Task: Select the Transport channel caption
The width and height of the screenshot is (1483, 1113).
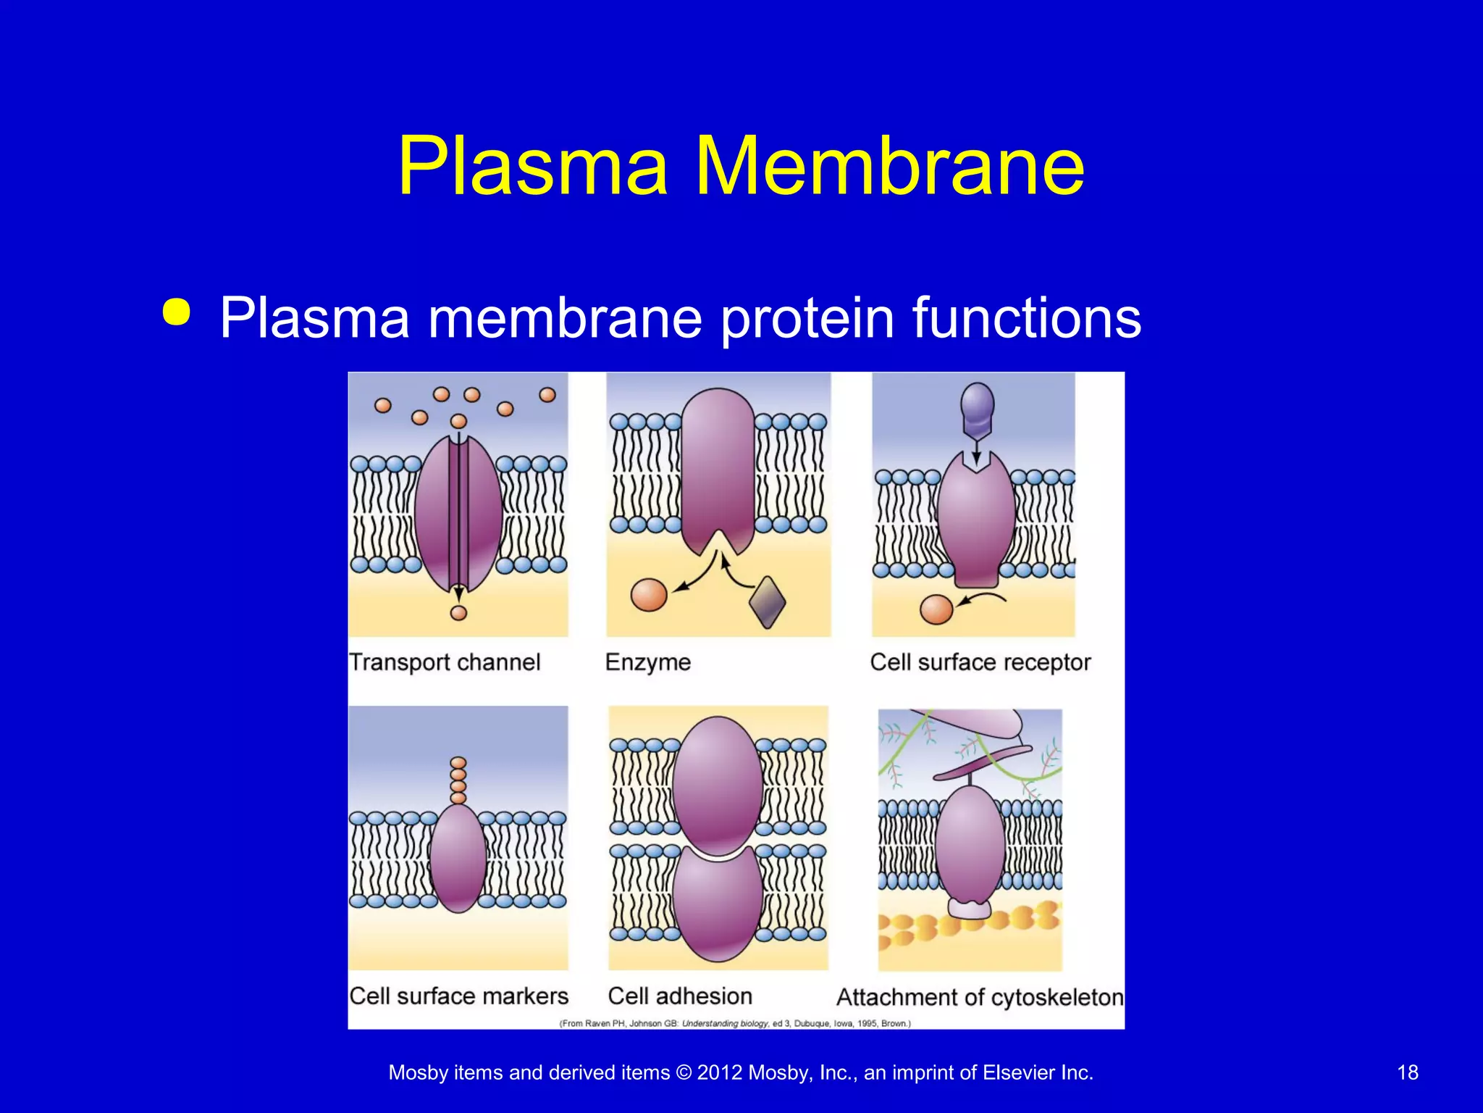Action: [445, 662]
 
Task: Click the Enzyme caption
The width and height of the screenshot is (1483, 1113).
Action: [648, 662]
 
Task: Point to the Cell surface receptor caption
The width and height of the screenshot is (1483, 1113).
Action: [980, 662]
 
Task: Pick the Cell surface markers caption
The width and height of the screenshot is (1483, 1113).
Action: [458, 996]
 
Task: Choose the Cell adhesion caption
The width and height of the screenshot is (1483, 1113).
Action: [680, 996]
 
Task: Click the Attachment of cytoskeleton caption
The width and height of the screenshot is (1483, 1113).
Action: [980, 998]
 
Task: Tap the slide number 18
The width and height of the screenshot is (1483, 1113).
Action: [1407, 1072]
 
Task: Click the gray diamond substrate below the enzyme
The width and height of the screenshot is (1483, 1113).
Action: [767, 601]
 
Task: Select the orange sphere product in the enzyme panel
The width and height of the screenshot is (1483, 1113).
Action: [649, 595]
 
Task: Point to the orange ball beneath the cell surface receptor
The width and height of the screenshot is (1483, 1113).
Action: [936, 609]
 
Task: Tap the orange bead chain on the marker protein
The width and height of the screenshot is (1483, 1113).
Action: [458, 780]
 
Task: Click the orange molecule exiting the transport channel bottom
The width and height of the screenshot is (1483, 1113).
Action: [458, 613]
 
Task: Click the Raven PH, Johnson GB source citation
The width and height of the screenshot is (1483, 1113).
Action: [735, 1023]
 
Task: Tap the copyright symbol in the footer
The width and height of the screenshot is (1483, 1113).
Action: [684, 1072]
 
